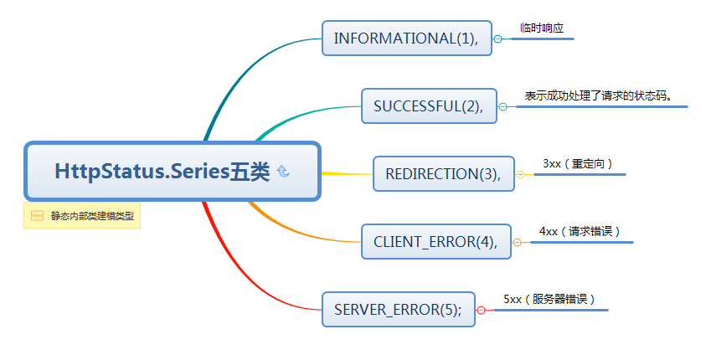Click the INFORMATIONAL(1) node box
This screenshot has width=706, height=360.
406,39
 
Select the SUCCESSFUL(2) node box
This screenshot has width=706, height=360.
429,106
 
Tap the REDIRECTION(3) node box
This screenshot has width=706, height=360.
443,174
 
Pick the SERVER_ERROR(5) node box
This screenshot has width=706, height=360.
398,310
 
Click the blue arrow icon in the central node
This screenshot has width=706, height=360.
283,172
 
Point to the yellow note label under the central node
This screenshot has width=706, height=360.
82,216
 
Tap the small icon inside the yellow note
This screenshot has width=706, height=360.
37,216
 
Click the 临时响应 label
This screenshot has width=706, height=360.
542,28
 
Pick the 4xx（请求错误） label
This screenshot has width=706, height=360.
580,231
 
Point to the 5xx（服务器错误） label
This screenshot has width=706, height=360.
549,299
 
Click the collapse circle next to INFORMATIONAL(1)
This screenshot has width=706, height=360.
497,39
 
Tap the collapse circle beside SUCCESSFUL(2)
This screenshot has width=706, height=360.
502,106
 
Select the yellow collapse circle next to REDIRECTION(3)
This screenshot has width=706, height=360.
520,174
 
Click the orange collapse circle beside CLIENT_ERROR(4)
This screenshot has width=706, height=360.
517,242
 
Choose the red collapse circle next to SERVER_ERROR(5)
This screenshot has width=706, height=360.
481,310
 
